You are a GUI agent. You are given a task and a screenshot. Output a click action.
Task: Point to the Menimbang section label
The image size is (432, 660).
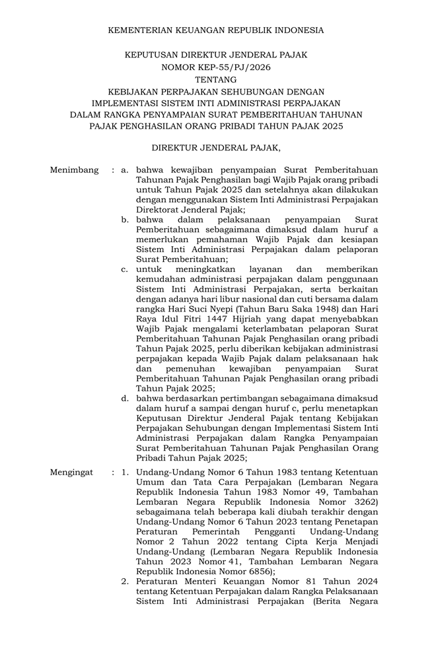(74, 170)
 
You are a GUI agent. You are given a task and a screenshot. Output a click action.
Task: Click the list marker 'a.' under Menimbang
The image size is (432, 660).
(124, 170)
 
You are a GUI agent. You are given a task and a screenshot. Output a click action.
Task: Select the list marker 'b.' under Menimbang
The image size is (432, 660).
(124, 219)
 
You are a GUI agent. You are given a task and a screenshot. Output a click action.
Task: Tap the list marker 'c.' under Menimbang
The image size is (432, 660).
(124, 269)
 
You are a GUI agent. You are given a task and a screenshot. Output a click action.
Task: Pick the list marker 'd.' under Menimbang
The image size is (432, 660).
(124, 398)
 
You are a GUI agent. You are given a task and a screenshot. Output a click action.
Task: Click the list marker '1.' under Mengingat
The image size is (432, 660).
(124, 473)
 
